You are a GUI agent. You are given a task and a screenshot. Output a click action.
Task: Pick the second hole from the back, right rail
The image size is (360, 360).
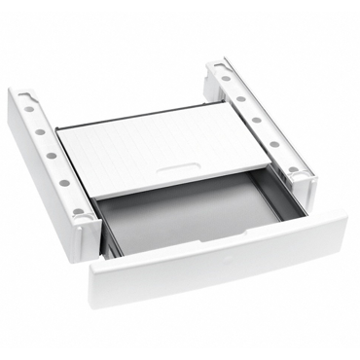coord(240,97)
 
